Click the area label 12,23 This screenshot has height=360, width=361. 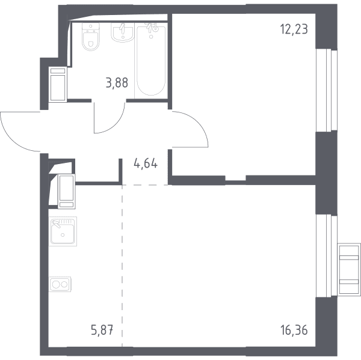294,30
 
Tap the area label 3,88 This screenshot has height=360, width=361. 117,83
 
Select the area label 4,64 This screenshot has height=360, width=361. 146,164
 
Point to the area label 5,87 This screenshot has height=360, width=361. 102,331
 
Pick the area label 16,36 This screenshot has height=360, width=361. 294,331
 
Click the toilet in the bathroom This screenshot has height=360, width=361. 91,37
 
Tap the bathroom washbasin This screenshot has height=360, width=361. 123,32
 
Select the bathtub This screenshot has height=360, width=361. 151,61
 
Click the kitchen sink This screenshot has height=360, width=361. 63,231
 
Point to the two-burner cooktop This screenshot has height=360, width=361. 60,284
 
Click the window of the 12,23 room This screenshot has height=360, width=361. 326,90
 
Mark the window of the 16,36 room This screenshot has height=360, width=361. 326,256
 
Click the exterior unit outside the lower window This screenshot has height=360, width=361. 349,269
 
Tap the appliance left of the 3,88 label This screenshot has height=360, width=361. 58,84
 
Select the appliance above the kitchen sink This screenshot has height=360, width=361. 67,191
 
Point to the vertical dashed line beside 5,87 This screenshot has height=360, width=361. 122,266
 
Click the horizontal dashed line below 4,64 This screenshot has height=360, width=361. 145,185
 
